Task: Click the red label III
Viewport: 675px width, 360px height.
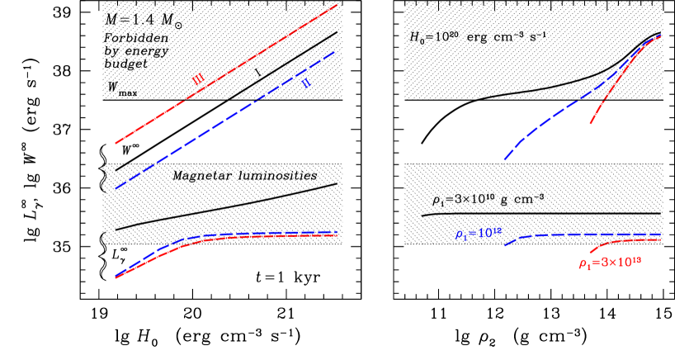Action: coord(198,79)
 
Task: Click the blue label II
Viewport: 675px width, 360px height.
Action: coord(305,83)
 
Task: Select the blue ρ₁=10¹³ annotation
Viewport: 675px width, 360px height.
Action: coord(479,234)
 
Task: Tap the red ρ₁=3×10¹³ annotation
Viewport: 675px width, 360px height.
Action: coord(611,263)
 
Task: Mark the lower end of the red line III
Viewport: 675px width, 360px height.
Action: coord(115,144)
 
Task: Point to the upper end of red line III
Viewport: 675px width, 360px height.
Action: coord(337,5)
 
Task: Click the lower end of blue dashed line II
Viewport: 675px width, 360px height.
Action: coord(115,189)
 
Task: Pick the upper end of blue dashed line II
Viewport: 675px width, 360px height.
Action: coord(335,51)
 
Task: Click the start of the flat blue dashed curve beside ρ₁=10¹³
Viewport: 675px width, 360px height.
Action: coord(505,245)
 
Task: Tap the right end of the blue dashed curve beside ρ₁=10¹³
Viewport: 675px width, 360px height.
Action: coord(662,234)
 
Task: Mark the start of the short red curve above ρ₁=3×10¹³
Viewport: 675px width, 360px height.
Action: coord(589,252)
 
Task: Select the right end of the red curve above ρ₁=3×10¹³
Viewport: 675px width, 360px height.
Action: coord(662,239)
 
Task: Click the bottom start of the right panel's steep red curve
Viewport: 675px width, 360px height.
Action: coord(590,124)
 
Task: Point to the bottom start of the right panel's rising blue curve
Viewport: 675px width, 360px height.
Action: coord(504,160)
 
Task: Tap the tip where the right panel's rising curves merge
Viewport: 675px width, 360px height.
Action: coord(662,36)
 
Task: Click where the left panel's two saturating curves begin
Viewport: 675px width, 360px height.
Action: coord(116,277)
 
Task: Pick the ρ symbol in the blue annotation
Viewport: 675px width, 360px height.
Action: coord(458,235)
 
